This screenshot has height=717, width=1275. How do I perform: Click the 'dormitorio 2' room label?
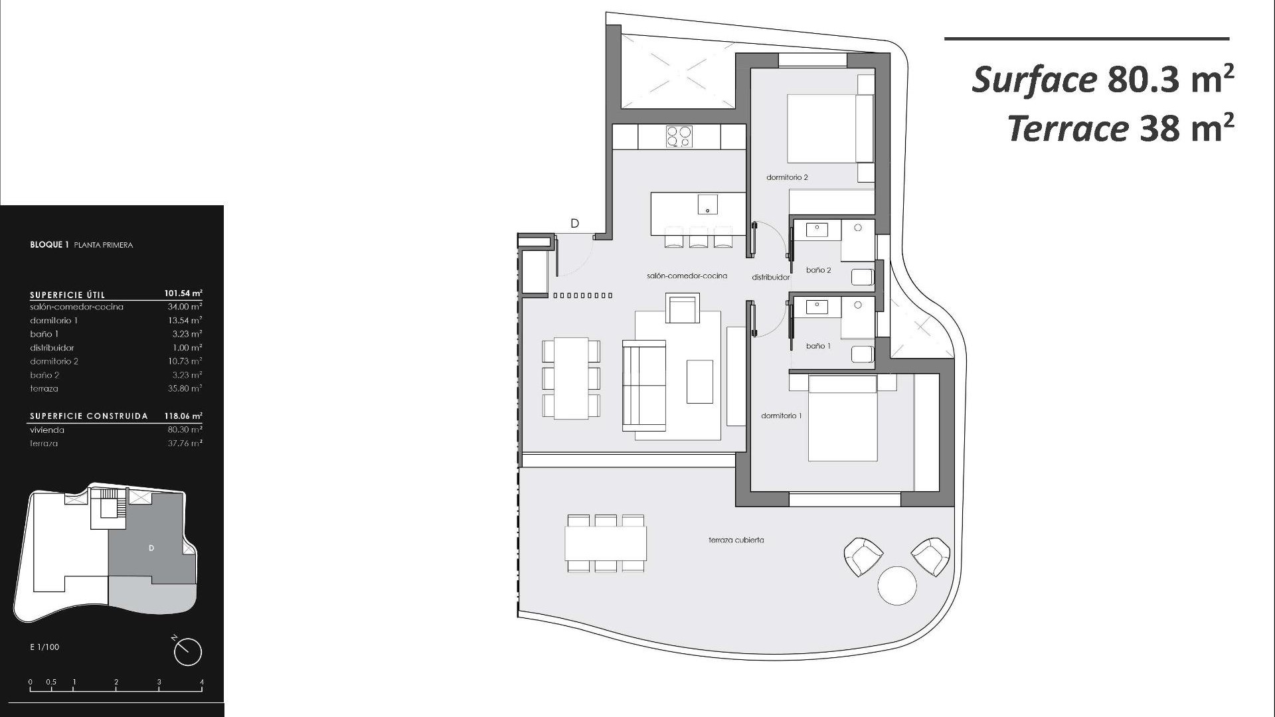pos(787,177)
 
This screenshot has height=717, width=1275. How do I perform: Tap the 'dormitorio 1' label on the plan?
pos(781,416)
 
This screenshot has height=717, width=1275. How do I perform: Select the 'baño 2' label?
pos(818,270)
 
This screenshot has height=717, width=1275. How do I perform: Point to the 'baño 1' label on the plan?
pos(818,346)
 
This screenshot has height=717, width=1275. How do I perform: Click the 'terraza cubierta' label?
pos(736,540)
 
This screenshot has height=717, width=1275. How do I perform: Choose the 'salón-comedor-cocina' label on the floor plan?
pos(687,276)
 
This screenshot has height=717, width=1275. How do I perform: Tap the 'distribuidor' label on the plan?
pos(770,278)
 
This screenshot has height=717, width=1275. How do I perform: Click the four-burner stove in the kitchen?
pos(678,136)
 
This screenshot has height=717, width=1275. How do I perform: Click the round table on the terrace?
pos(896,586)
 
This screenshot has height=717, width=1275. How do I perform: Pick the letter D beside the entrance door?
pos(575,224)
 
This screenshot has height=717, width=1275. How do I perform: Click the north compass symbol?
pos(187,651)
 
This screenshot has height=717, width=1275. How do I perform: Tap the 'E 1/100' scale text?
pos(44,647)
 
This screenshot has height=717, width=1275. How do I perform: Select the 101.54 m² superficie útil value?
pos(183,293)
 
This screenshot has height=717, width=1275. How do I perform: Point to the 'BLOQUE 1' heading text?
pos(50,245)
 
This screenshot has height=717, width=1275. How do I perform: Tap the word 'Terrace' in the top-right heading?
pos(1068,129)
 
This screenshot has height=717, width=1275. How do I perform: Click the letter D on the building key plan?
pos(151,548)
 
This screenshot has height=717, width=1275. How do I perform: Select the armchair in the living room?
pos(683,310)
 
